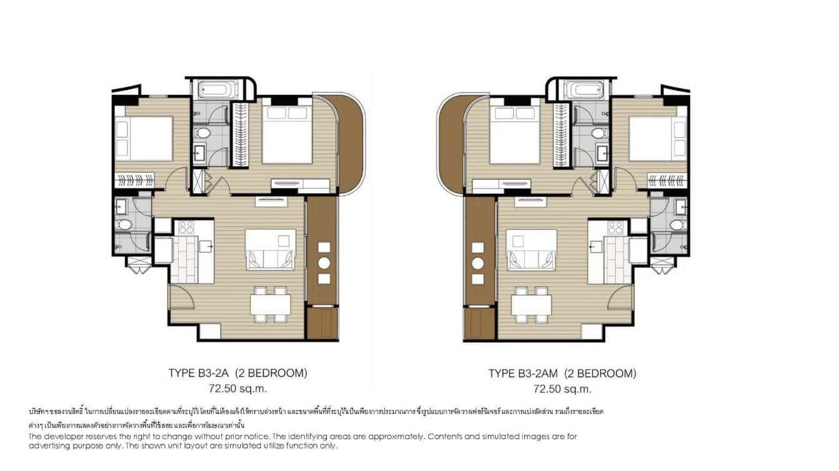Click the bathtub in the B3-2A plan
[x=215, y=90]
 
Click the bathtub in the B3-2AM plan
[x=586, y=90]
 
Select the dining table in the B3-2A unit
[x=271, y=305]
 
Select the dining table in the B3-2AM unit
[x=531, y=305]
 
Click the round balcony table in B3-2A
[x=324, y=262]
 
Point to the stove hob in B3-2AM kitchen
[x=615, y=227]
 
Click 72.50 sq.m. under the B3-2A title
[x=238, y=389]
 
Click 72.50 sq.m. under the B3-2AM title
[x=562, y=389]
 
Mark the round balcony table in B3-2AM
[x=478, y=262]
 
